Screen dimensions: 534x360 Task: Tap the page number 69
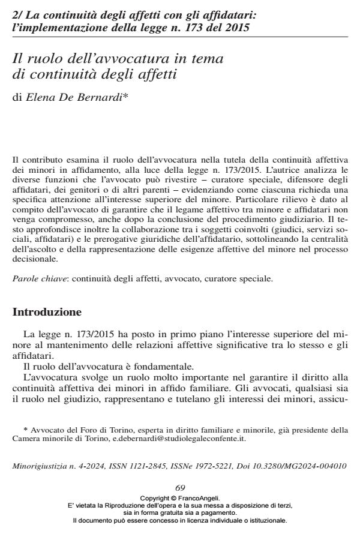(179, 490)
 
